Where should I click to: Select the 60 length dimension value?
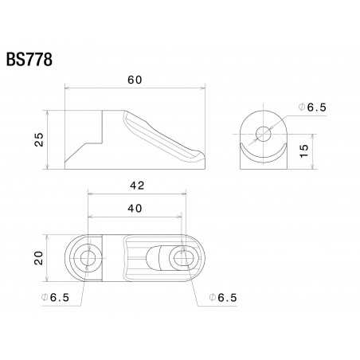coord(135,80)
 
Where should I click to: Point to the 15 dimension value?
coord(303,151)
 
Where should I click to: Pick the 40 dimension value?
coord(135,208)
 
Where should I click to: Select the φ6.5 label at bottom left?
coord(55,297)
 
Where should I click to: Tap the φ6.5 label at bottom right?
coord(222,297)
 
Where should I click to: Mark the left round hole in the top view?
coord(88,257)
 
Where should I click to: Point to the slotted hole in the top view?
coord(182,257)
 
